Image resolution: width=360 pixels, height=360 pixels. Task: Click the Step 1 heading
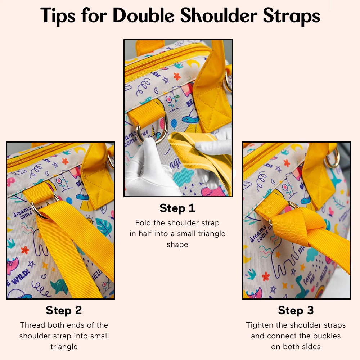pyautogui.click(x=177, y=208)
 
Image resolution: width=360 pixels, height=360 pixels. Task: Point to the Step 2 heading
pyautogui.click(x=64, y=310)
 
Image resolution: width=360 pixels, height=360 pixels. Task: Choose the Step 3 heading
pyautogui.click(x=296, y=310)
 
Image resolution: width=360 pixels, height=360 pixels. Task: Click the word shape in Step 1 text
pyautogui.click(x=177, y=244)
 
